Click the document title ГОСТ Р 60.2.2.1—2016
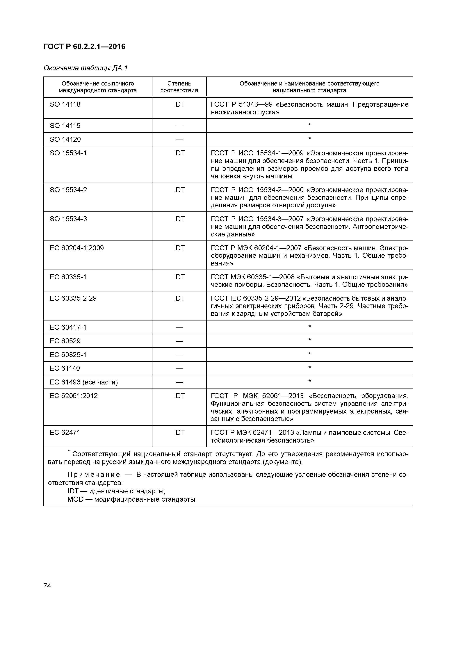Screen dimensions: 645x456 (x=84, y=47)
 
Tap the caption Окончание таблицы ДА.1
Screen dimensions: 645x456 (x=85, y=68)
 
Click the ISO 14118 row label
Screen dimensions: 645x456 (x=64, y=104)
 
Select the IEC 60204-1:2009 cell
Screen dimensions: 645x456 (x=76, y=248)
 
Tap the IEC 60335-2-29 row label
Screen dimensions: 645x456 (x=72, y=298)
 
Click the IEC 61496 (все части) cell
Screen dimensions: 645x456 (x=83, y=382)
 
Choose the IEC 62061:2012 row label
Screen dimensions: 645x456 (x=73, y=396)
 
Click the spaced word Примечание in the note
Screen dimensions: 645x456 (x=94, y=475)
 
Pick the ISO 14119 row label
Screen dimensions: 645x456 (x=64, y=126)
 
